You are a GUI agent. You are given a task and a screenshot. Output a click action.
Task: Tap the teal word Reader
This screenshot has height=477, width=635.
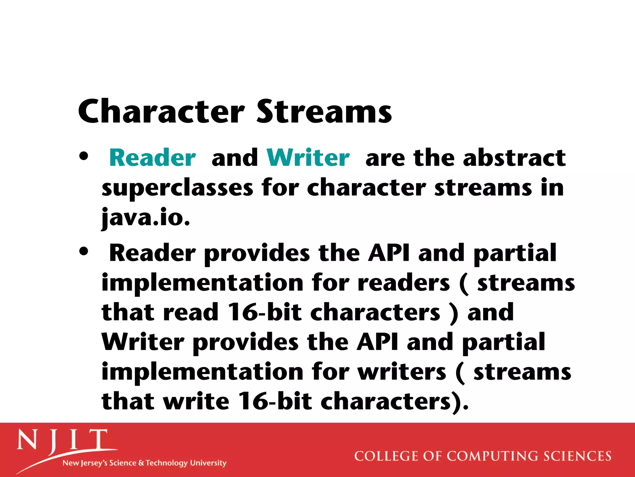point(153,158)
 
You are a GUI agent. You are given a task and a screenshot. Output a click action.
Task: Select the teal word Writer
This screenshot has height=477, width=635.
point(308,158)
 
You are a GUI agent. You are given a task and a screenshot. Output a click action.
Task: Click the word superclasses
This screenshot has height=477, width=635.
point(177,188)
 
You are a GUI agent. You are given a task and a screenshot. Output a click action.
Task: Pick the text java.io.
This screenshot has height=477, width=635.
point(146,217)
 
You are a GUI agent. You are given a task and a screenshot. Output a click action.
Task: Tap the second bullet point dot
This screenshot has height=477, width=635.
point(84,251)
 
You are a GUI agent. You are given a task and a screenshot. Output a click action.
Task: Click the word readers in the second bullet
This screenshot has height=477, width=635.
point(403,283)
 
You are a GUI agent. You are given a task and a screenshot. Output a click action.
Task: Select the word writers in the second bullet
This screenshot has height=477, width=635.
point(402,372)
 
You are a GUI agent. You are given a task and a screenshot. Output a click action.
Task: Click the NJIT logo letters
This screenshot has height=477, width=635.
point(62,440)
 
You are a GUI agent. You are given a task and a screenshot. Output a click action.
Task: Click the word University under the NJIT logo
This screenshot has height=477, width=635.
point(208,463)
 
